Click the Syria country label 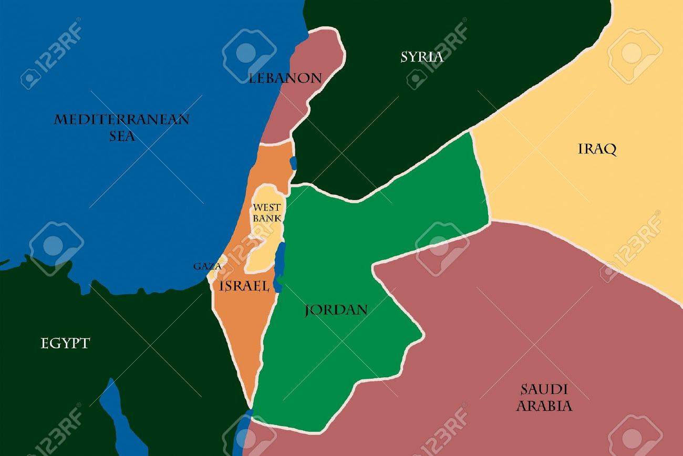[x=422, y=57]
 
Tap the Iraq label [x=597, y=149]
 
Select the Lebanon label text [x=285, y=79]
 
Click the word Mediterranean [x=121, y=120]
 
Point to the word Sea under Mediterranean [x=122, y=137]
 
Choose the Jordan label [x=336, y=310]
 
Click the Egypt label [x=65, y=344]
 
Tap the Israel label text [x=245, y=286]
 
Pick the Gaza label [x=206, y=266]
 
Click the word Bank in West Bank [x=267, y=217]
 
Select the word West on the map [x=266, y=207]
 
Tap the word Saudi [x=544, y=390]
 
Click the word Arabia [x=544, y=406]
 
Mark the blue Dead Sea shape [x=281, y=263]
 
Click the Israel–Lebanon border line [x=277, y=142]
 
